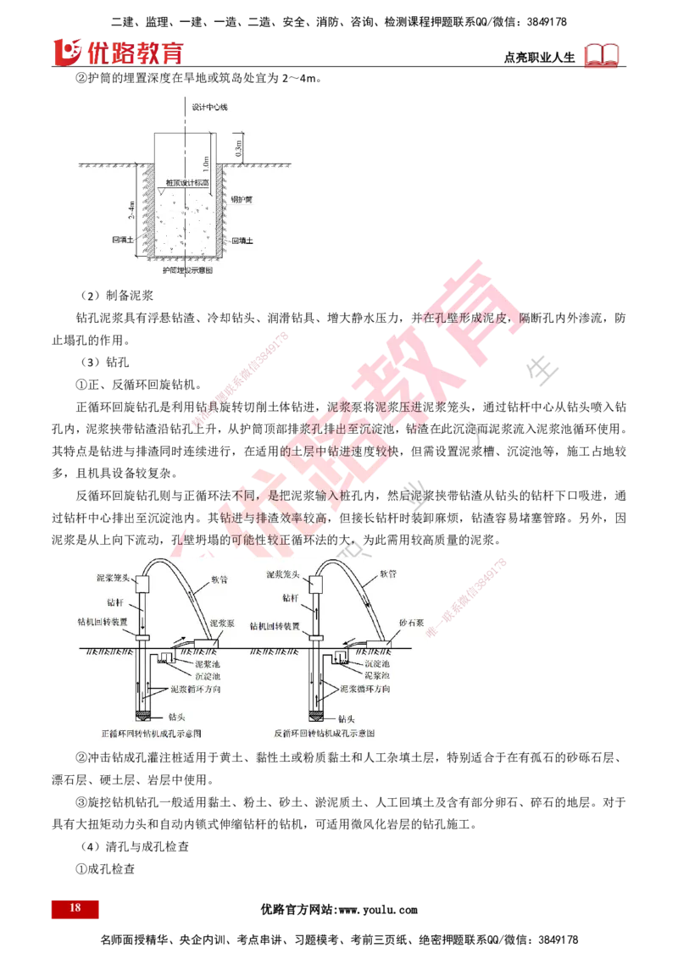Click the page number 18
pos(75,908)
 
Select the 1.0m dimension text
pos(206,161)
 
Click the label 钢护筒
pos(242,200)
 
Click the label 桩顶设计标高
pos(187,182)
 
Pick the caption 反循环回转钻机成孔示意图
pos(325,732)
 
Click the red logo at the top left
pos(118,53)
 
